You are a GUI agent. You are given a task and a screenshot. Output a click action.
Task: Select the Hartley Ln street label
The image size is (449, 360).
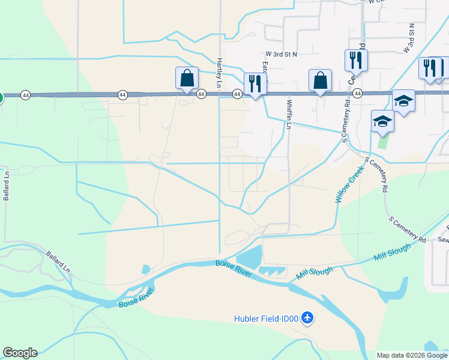tap(220, 70)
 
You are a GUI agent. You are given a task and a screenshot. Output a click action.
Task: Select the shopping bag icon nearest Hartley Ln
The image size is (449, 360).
tap(187, 78)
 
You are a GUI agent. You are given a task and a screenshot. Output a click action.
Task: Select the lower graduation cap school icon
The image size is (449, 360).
tap(382, 122)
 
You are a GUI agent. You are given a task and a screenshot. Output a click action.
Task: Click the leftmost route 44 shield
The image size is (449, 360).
tap(25, 95)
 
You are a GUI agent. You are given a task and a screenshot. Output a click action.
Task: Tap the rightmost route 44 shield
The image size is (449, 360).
tap(357, 94)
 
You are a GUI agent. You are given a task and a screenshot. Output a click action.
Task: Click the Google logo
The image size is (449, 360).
tap(20, 353)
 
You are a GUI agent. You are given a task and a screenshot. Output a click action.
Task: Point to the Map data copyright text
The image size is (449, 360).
tap(412, 355)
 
